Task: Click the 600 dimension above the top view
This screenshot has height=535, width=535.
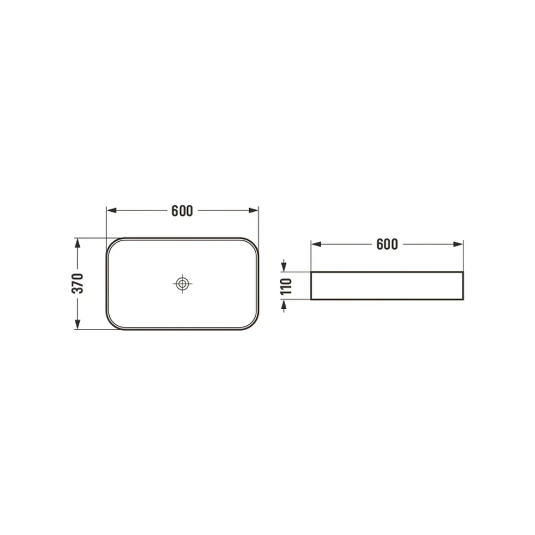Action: point(182,211)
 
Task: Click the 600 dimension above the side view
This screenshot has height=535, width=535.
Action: point(387,244)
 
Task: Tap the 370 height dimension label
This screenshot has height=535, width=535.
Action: point(78,283)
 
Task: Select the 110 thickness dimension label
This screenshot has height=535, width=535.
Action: point(286,286)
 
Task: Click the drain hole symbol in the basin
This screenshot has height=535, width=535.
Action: point(182,284)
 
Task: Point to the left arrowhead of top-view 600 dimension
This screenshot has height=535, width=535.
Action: point(111,210)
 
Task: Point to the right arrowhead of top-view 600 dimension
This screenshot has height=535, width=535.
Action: point(254,210)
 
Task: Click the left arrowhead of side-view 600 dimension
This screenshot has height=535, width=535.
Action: point(316,244)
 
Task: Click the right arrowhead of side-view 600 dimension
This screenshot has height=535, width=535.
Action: point(458,244)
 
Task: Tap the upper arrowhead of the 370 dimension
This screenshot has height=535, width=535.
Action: point(78,243)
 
